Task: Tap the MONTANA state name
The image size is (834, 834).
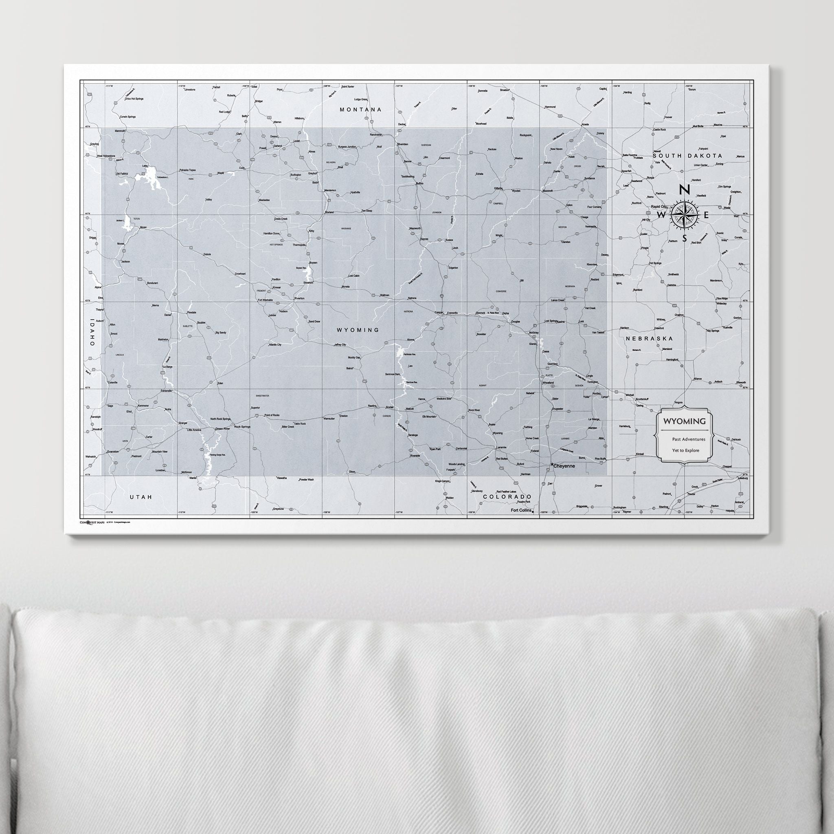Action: (x=360, y=110)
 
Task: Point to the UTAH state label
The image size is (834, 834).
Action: (x=141, y=497)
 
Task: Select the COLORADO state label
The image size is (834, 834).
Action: (x=507, y=497)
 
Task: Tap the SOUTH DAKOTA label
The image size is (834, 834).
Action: (x=687, y=156)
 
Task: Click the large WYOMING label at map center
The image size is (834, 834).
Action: (x=358, y=330)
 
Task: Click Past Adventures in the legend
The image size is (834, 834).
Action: (x=689, y=439)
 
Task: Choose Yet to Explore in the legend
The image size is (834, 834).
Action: (x=685, y=450)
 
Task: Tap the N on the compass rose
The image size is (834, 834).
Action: (x=684, y=189)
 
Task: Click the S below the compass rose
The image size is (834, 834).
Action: (x=684, y=239)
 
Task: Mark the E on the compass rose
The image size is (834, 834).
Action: (x=707, y=215)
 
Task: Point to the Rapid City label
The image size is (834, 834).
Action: (x=659, y=206)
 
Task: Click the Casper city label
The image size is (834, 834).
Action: (x=439, y=312)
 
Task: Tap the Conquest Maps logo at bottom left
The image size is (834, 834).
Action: (x=92, y=522)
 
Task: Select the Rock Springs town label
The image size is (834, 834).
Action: (x=242, y=426)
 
